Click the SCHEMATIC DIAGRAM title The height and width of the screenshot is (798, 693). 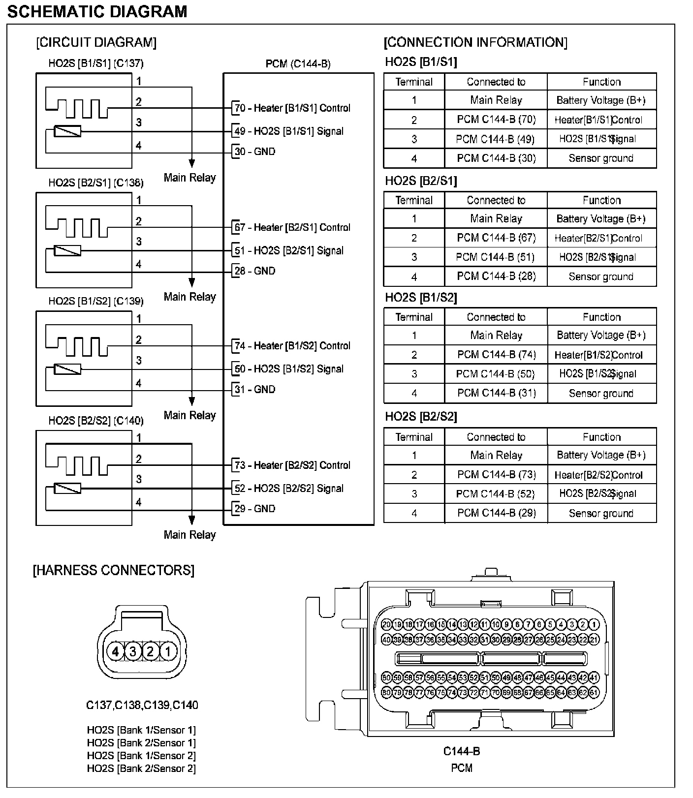point(97,11)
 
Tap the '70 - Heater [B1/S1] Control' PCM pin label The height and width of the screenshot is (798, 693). point(292,108)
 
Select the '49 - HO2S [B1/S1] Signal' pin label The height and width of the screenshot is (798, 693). point(289,131)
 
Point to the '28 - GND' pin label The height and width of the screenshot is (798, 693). point(254,271)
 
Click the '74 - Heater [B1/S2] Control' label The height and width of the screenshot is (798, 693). point(292,345)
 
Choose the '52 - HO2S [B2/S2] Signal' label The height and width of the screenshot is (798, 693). point(289,488)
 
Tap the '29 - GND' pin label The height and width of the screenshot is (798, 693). point(254,508)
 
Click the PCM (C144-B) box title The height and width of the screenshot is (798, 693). point(298,64)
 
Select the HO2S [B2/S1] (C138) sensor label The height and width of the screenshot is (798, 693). point(96,183)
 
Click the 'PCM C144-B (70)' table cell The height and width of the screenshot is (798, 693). point(496,120)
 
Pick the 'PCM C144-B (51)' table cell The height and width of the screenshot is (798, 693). point(495,257)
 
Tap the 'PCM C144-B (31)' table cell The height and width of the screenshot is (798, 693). point(496,393)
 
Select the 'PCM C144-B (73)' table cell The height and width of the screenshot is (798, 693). point(496,474)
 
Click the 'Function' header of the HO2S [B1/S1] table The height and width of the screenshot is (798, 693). point(601,82)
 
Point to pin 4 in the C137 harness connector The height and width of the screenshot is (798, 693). point(116,651)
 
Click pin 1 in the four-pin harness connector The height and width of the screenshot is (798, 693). point(168,651)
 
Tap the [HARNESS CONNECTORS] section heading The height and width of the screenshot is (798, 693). point(114,570)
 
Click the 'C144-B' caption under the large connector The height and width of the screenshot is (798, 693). point(461,751)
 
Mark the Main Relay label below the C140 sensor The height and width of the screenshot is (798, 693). point(189,535)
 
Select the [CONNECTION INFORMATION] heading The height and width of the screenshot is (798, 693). point(475,42)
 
